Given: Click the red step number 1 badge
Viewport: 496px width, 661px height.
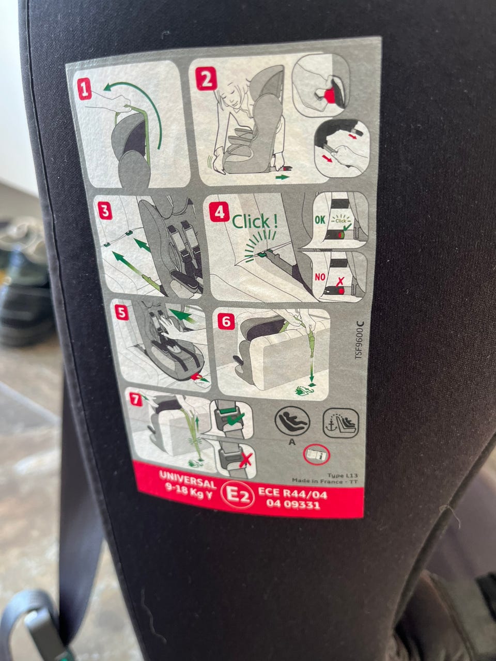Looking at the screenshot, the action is (x=85, y=89).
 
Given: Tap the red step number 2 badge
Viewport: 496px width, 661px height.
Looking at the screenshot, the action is (x=206, y=78).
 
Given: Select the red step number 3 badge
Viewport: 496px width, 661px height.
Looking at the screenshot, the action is (x=105, y=211).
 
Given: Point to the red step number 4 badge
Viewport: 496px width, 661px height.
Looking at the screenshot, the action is (x=220, y=212).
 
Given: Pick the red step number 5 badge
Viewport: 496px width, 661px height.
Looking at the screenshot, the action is (x=121, y=313).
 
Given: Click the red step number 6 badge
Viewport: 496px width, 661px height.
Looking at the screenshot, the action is (x=226, y=322).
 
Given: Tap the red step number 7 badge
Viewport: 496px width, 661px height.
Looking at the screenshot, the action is (x=136, y=399).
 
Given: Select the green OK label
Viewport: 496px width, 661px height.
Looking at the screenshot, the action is (x=320, y=220).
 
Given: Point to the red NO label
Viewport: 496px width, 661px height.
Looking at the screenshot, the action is (x=320, y=277).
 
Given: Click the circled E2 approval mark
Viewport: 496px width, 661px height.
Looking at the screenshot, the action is (x=238, y=496).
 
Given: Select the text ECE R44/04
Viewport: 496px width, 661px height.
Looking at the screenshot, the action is (x=292, y=494).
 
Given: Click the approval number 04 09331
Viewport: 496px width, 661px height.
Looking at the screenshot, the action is (x=293, y=505).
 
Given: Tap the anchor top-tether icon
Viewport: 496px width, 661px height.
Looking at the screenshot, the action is (x=341, y=423).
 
